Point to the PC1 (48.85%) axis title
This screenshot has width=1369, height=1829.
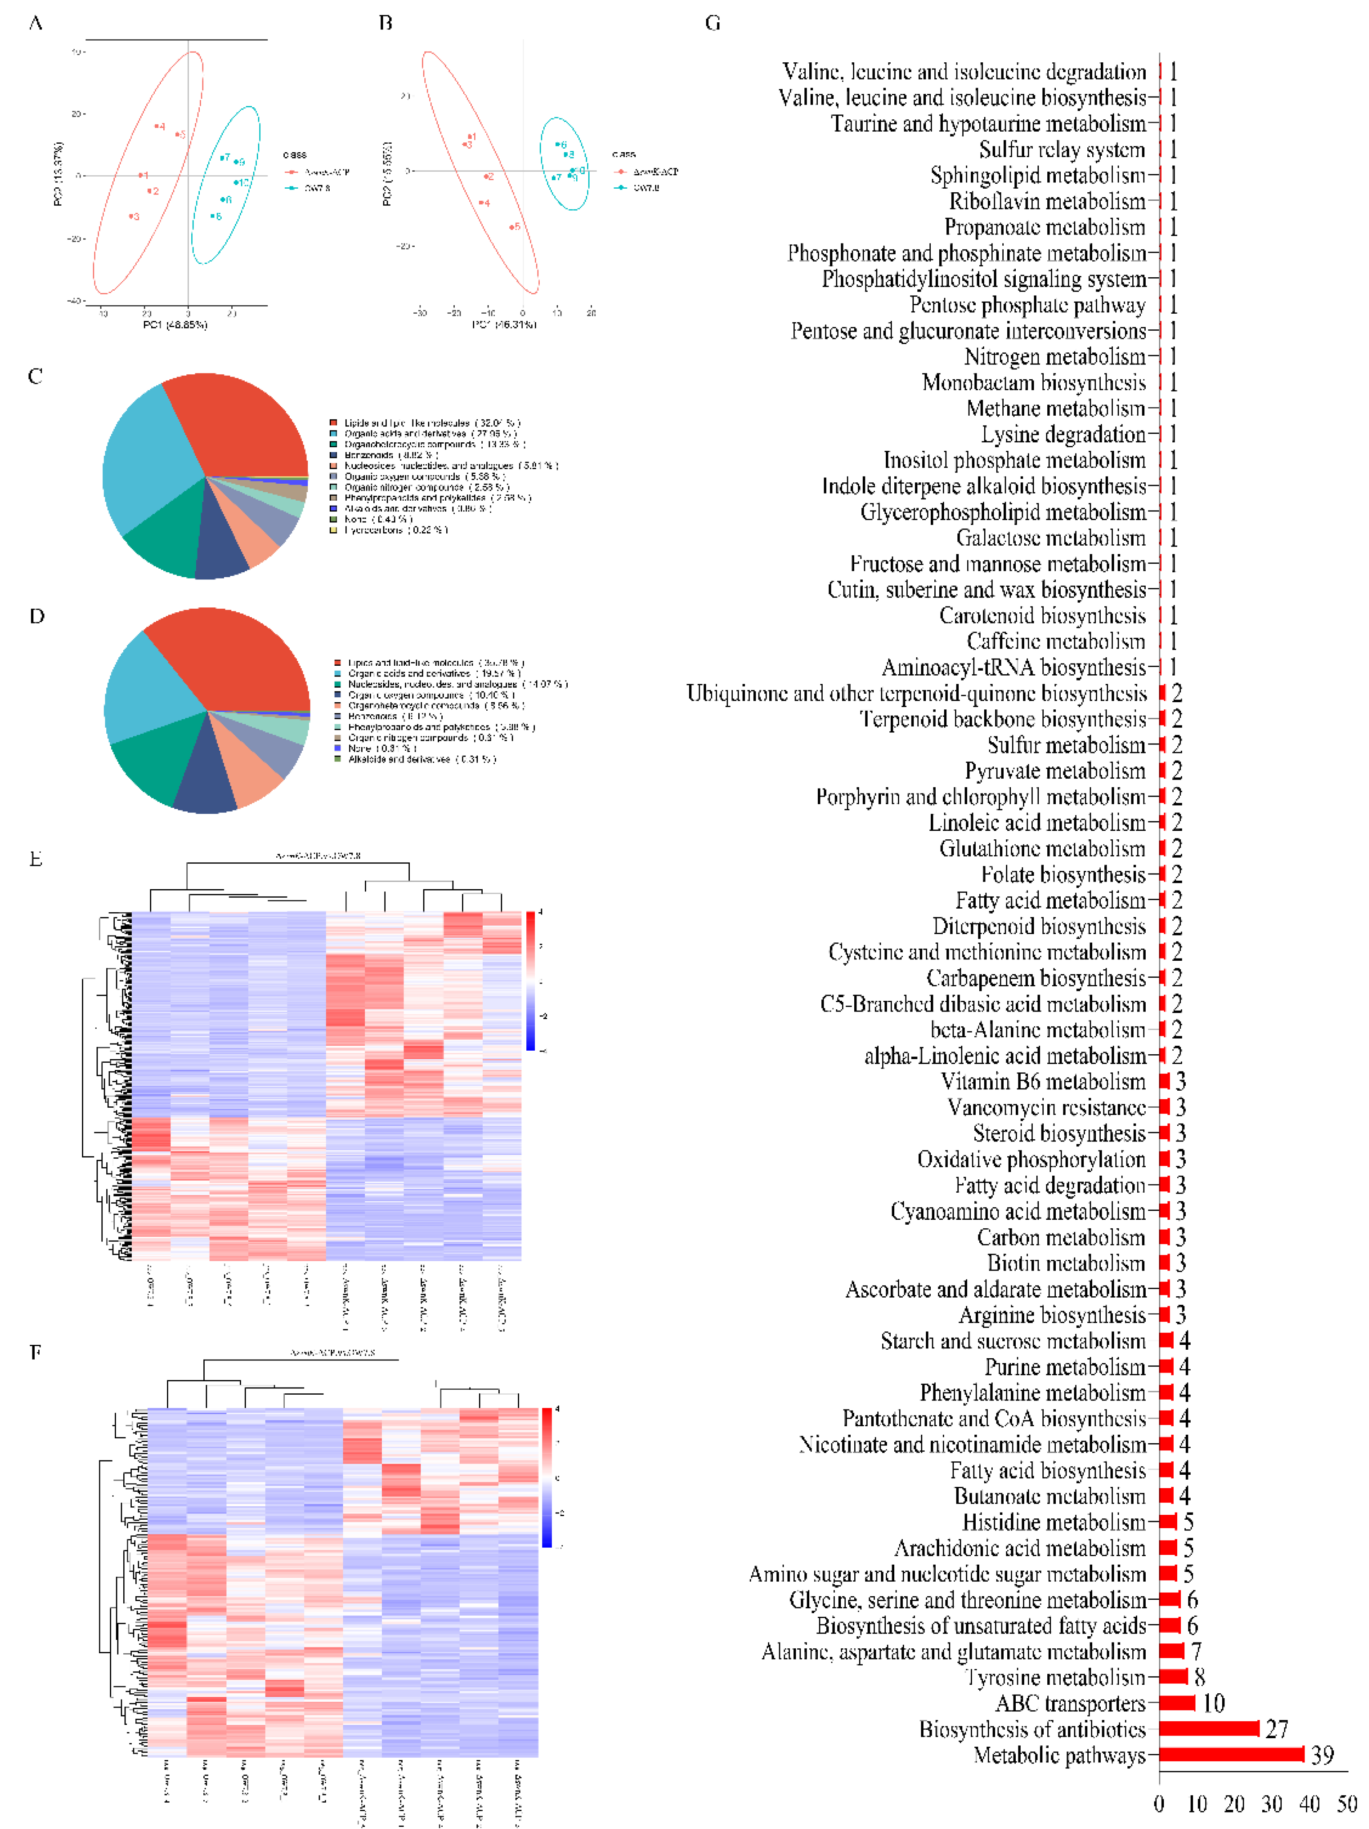[175, 325]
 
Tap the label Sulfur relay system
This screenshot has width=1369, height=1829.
[1062, 150]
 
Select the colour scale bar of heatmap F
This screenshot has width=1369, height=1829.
[546, 1477]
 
